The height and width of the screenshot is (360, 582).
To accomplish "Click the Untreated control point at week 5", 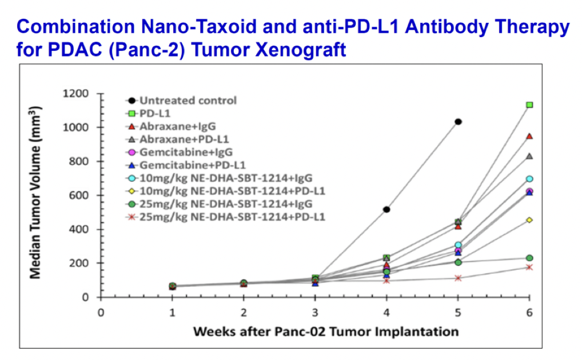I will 458,122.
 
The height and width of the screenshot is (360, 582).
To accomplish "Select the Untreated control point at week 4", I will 386,210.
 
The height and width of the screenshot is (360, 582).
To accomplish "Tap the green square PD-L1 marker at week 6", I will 529,105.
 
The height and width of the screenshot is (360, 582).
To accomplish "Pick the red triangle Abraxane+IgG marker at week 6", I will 529,136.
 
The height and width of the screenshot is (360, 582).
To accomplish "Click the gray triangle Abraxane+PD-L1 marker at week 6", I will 529,156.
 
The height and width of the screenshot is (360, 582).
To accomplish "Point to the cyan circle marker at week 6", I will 529,179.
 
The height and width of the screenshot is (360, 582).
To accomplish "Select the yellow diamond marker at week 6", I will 529,220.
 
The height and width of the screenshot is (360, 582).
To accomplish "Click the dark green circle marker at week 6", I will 529,258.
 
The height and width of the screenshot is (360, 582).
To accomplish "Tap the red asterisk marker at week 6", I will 529,267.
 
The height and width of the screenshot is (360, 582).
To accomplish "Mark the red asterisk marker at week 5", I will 458,278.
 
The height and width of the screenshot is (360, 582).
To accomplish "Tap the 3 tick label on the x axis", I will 315,313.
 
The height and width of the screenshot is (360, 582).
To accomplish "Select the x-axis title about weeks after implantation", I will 325,331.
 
